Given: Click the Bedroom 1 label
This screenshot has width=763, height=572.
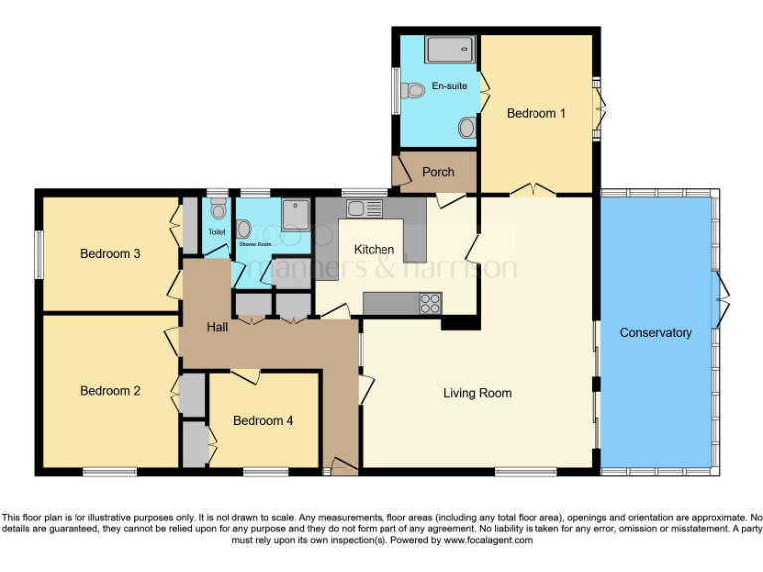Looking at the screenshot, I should pos(535,113).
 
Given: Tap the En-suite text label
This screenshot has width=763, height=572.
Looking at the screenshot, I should pos(449,87).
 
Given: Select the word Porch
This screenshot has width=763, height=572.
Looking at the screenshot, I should pos(438,172).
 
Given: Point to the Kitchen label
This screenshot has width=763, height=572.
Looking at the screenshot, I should pos(375,249).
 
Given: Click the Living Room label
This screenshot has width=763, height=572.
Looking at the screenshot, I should pos(477,393).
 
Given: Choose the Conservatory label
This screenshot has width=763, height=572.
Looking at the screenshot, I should pos(655,332).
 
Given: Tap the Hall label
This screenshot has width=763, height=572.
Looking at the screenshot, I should pos(219,327).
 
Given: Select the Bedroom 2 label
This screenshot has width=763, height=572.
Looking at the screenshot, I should pos(110,391).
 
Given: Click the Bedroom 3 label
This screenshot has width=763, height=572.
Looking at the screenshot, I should pos(110,254).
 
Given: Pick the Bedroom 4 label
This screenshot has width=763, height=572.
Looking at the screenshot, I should pos(263,421).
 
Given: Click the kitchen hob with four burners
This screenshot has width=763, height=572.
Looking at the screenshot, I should pos(431,303).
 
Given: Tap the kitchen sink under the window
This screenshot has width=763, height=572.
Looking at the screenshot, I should pos(363,209).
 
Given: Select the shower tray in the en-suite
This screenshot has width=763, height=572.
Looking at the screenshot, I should pos(452,50).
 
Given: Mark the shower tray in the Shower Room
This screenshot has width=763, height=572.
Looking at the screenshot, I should pos(295,214).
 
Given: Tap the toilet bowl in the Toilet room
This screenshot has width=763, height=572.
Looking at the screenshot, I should pos(218,211).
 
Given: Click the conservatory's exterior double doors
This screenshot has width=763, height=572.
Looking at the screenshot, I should pos(723,294).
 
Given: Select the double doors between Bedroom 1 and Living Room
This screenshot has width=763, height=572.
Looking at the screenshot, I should pos(538,189).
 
